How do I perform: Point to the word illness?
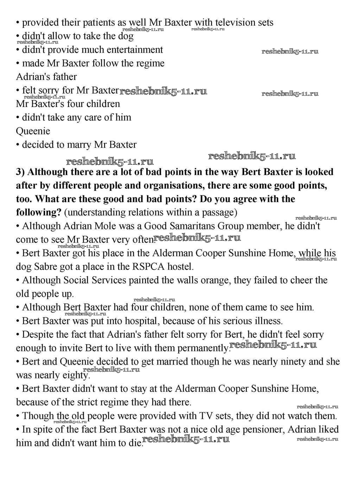click(x=268, y=321)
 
